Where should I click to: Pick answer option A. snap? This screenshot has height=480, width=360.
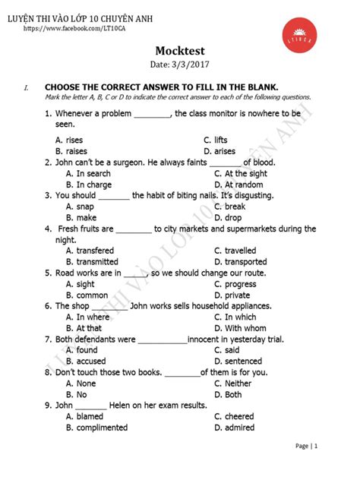tap(80, 207)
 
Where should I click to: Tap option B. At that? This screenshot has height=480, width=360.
tap(84, 328)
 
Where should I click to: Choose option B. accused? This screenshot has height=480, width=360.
tap(86, 362)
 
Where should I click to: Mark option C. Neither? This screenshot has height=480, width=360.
tap(233, 384)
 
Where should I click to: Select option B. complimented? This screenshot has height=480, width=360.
tap(96, 428)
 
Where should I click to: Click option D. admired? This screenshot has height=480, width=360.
tap(234, 428)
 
